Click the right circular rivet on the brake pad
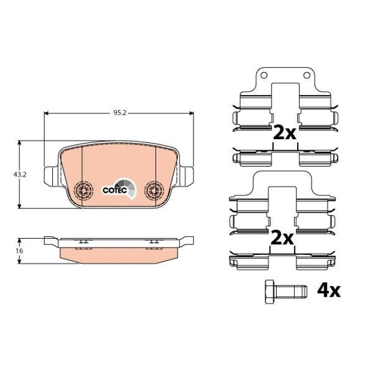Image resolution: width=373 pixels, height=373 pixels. click(x=154, y=190)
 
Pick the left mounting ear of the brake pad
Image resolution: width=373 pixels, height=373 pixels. click(x=50, y=175)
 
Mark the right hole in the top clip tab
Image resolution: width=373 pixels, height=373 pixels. click(x=307, y=75)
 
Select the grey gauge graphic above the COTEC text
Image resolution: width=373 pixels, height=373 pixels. click(x=125, y=185)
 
